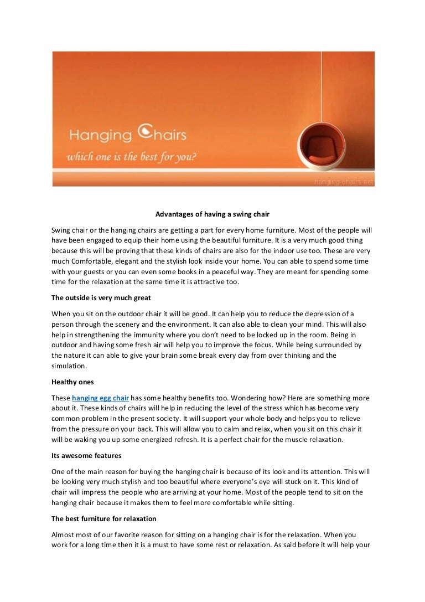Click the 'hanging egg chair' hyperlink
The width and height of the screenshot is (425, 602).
click(100, 398)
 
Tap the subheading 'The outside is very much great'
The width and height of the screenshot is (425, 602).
click(101, 297)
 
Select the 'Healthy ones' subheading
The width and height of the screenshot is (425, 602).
click(74, 382)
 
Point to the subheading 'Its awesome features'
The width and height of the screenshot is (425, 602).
click(86, 456)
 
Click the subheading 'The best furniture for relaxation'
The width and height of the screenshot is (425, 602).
click(104, 519)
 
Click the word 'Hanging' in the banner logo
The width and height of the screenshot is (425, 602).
click(100, 136)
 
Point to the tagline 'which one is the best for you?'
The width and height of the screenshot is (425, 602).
click(132, 157)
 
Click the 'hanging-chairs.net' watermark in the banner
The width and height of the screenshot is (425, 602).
click(343, 182)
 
